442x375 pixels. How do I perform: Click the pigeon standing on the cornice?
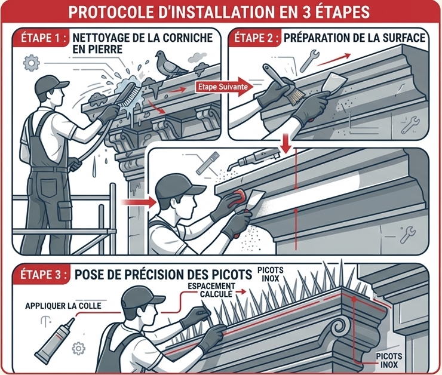169,65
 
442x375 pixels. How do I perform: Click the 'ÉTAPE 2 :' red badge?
256,38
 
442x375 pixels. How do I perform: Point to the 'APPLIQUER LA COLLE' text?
63,306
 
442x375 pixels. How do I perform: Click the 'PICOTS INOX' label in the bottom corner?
389,360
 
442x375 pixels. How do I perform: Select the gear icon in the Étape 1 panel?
30,63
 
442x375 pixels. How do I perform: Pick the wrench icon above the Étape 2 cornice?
309,60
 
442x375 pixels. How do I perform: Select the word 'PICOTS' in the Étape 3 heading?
231,275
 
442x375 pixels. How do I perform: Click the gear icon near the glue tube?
79,348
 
